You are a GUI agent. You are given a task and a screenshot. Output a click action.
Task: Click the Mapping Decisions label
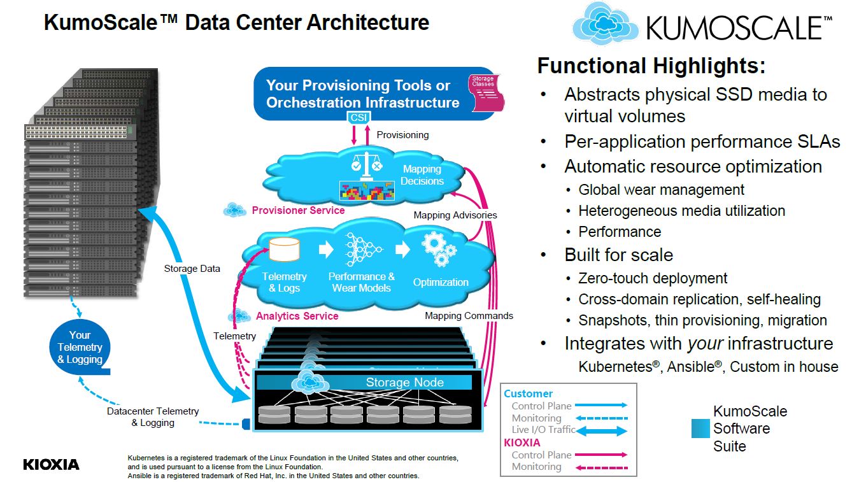(422, 175)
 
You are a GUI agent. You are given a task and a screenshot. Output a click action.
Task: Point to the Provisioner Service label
(298, 210)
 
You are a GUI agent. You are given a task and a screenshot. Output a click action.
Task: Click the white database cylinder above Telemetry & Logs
(284, 250)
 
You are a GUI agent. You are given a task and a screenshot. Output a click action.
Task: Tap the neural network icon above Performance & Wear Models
(361, 249)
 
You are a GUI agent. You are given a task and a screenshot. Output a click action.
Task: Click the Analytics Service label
(297, 316)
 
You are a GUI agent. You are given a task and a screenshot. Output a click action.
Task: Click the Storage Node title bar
(404, 382)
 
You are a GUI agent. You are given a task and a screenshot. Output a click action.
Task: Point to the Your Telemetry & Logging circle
(80, 348)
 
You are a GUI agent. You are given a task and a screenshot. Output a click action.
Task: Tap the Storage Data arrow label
(192, 269)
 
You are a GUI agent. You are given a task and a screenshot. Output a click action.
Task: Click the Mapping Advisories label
(455, 215)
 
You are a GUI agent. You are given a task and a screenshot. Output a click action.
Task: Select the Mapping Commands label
(469, 316)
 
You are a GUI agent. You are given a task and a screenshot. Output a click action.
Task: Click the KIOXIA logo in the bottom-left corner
(52, 464)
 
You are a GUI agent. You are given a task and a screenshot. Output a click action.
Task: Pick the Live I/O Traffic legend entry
(543, 430)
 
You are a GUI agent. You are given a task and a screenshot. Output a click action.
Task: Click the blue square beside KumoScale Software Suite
(700, 429)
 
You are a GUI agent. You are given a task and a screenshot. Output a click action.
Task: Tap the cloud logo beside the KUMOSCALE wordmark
(606, 24)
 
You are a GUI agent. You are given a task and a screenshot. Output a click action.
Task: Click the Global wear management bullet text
(661, 190)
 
